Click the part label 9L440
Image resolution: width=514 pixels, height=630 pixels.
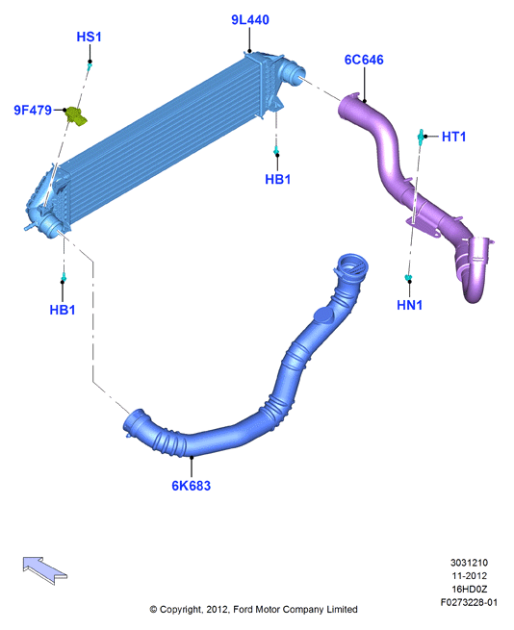point(249,19)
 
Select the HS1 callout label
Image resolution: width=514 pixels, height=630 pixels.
point(89,37)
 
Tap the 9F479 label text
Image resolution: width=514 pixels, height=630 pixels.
point(33,110)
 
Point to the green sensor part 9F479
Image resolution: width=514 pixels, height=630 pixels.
point(76,115)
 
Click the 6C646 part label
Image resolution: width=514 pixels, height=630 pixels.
point(364,60)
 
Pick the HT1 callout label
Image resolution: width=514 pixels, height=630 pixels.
point(453,137)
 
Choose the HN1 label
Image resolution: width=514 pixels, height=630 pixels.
point(409,305)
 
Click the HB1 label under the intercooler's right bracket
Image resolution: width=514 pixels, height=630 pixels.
point(277,179)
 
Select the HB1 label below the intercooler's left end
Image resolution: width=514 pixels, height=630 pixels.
point(63,310)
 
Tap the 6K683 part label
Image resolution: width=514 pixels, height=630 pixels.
point(191,486)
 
